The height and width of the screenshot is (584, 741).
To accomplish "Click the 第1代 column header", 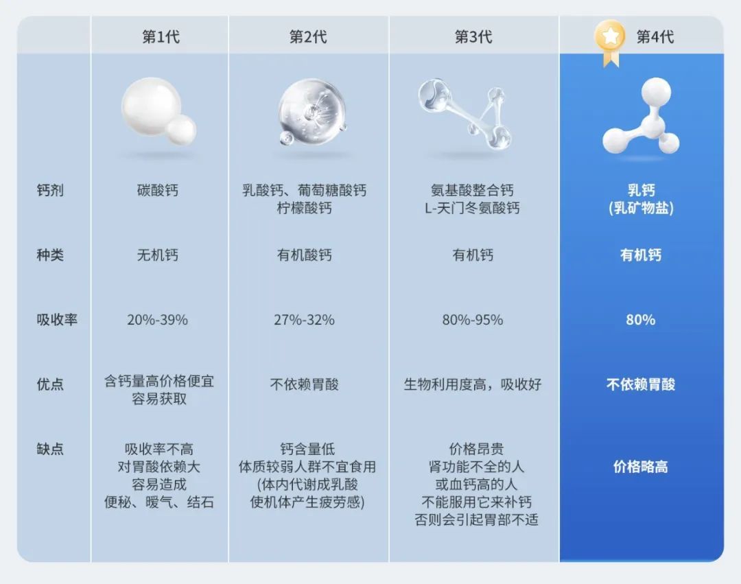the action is click(x=161, y=37).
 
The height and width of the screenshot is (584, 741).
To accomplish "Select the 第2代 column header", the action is click(x=308, y=37).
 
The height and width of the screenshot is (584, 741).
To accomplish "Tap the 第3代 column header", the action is click(x=473, y=37).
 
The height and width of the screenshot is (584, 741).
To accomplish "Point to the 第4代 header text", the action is click(x=655, y=37).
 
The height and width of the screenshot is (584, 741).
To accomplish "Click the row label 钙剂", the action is click(x=50, y=190).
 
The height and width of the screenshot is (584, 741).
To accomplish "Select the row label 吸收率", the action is click(x=57, y=320).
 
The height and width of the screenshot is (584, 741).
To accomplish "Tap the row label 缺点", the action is click(x=50, y=449).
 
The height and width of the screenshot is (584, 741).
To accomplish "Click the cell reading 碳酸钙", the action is click(x=157, y=190).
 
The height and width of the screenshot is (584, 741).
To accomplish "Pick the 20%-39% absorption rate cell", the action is click(x=157, y=320).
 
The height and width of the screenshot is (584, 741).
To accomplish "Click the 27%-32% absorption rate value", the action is click(x=305, y=320).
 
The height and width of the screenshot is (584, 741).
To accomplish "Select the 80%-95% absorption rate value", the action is click(x=473, y=320).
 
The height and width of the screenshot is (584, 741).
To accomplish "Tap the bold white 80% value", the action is click(x=640, y=320).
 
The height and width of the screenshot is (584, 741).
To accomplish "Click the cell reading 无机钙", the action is click(x=157, y=255).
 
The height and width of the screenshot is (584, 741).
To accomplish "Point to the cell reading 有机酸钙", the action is click(x=305, y=255).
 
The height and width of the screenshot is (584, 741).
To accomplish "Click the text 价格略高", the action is click(x=640, y=467).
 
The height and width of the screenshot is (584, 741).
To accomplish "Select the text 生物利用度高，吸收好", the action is click(x=473, y=384).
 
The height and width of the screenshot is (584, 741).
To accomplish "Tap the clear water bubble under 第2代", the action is click(x=312, y=111).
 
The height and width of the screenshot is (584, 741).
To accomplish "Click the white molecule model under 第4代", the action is click(x=642, y=117).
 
